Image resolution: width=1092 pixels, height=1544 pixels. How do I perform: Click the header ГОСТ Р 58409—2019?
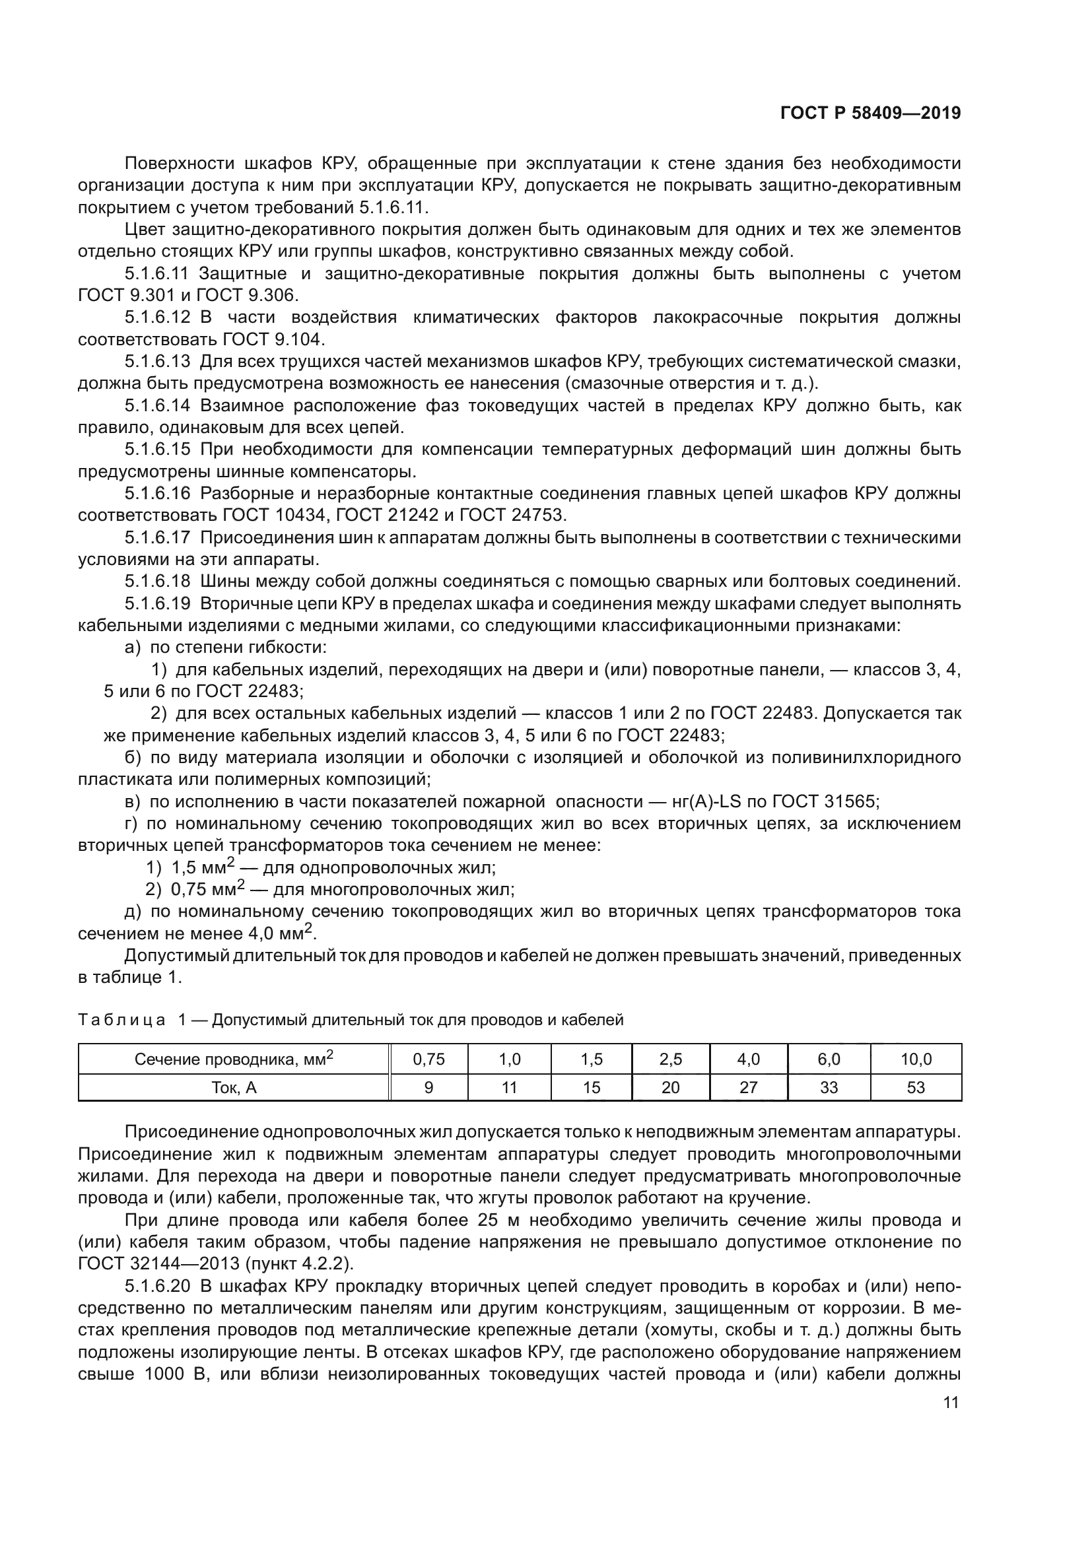pyautogui.click(x=870, y=113)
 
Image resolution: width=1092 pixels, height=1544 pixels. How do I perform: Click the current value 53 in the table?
pyautogui.click(x=916, y=1087)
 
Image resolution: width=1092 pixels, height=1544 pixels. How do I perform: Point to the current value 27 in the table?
pyautogui.click(x=749, y=1087)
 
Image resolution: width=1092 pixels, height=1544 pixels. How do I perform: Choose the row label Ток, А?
pyautogui.click(x=234, y=1087)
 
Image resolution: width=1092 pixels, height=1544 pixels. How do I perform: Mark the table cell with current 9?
pyautogui.click(x=428, y=1087)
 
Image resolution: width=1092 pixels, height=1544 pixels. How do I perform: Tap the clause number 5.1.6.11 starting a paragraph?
pyautogui.click(x=157, y=274)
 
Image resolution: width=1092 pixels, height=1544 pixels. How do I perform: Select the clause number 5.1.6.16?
pyautogui.click(x=157, y=494)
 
